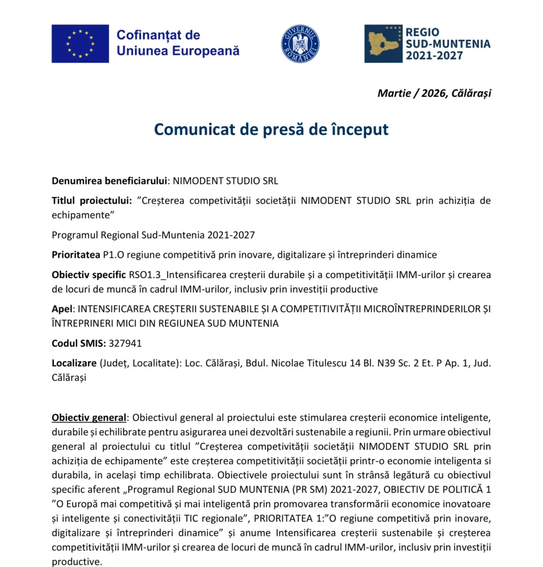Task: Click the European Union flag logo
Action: [80, 44]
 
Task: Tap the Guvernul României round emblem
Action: [300, 44]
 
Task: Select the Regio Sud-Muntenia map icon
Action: [383, 44]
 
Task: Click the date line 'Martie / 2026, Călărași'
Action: [434, 93]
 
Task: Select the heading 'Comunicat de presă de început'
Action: [271, 129]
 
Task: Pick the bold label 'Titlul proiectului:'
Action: [92, 200]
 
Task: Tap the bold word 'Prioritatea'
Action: [76, 255]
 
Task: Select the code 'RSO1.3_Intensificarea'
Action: [172, 275]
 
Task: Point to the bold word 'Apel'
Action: [62, 309]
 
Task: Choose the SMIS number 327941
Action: [125, 343]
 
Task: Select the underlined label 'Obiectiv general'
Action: [89, 417]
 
